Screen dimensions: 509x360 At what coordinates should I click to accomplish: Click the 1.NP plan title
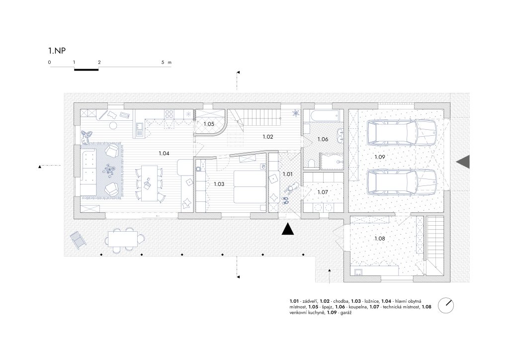pos(57,51)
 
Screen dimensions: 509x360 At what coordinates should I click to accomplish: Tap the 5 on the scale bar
pos(163,62)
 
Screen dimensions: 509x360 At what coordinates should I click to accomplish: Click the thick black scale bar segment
pos(86,69)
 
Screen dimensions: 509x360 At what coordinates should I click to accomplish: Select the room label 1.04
pos(164,153)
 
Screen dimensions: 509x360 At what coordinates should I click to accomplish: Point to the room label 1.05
pos(209,124)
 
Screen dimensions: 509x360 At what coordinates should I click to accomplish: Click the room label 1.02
pos(268,137)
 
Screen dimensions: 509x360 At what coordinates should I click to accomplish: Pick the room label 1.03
pos(219,184)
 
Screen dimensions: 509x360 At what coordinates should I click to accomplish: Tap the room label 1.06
pos(323,139)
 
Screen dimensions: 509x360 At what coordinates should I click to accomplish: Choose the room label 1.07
pos(323,192)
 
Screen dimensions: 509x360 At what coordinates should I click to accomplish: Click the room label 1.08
pos(380,239)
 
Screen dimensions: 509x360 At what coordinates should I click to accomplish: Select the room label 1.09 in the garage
pos(380,157)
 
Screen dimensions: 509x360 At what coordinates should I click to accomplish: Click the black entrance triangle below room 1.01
pos(288,229)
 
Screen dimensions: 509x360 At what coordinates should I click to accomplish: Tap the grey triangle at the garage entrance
pos(463,162)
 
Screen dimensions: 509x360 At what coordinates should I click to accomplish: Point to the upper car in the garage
pos(402,133)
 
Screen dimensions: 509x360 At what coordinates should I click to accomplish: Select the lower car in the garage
pos(402,183)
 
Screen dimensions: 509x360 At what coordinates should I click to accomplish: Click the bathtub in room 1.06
pos(323,116)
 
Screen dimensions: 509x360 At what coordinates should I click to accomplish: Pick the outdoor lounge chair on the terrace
pos(78,240)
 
